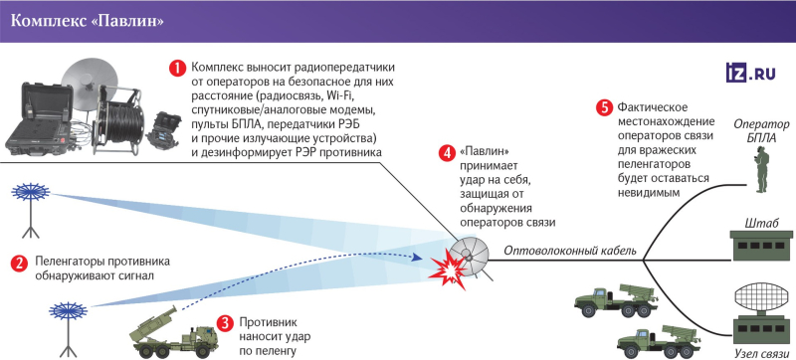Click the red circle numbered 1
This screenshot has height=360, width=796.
pyautogui.click(x=177, y=69)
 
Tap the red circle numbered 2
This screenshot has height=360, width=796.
pyautogui.click(x=18, y=264)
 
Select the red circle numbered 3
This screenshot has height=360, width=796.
pyautogui.click(x=226, y=323)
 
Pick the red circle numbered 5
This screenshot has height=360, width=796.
pyautogui.click(x=603, y=107)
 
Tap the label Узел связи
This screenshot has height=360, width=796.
pyautogui.click(x=761, y=353)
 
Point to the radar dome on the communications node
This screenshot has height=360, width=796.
pyautogui.click(x=762, y=299)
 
